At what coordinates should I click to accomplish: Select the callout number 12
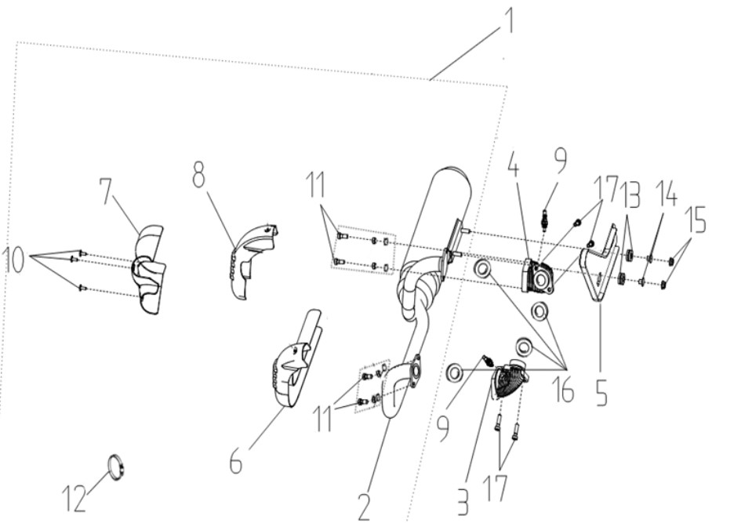(74, 497)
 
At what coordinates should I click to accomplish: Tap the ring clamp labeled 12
(117, 467)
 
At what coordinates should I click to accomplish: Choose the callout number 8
(198, 173)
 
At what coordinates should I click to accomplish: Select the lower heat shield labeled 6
(296, 361)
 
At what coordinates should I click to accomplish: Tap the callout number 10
(13, 260)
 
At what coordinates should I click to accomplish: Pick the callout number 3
(462, 503)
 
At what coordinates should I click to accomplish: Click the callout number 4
(514, 163)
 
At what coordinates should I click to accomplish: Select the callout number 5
(601, 391)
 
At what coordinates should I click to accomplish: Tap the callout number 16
(563, 390)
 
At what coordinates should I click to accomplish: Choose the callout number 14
(666, 193)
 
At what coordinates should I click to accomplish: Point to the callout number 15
(696, 220)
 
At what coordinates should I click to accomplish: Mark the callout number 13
(631, 194)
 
